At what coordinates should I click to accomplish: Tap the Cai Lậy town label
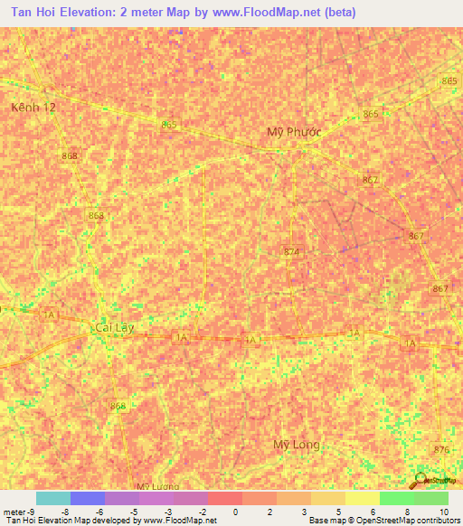point(114,327)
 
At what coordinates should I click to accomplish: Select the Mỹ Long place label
point(297,445)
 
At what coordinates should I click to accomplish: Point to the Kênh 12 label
point(33,107)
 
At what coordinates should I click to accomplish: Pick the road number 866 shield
point(118,407)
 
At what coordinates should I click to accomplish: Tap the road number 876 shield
point(441,450)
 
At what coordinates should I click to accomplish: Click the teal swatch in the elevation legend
point(52,498)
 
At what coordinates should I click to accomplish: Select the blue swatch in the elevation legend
point(87,498)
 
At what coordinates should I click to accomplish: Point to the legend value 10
point(442,512)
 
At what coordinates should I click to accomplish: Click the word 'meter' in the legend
point(14,512)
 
